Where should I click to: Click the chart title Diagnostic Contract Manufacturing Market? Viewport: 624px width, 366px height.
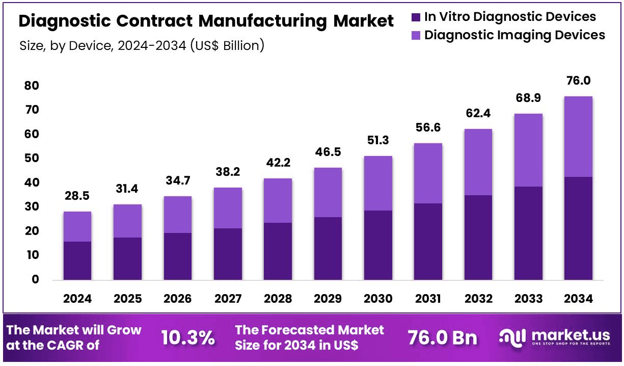point(206,21)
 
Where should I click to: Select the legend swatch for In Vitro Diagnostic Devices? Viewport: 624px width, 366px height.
point(416,17)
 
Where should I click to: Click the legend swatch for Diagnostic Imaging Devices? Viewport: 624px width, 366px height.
point(416,35)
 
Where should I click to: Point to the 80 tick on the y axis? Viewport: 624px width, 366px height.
point(32,86)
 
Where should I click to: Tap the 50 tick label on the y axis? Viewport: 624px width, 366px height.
point(32,159)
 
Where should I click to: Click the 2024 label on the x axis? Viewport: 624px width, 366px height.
point(77,299)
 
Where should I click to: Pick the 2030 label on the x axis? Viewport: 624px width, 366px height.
point(377,299)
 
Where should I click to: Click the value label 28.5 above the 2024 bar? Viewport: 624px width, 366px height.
point(77,197)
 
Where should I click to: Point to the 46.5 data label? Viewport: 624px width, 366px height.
point(328,153)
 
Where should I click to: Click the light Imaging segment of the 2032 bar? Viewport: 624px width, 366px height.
point(478,162)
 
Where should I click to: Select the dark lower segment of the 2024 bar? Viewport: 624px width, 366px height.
point(77,260)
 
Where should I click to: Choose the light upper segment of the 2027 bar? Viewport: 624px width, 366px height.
point(228,208)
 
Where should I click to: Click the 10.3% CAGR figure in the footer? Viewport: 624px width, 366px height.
point(187,338)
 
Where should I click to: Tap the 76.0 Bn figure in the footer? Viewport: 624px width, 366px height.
point(442,338)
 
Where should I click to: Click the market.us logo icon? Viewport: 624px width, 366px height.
point(513,337)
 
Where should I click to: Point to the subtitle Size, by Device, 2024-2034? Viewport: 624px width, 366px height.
point(142,46)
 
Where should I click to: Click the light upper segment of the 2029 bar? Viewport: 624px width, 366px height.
point(328,192)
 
